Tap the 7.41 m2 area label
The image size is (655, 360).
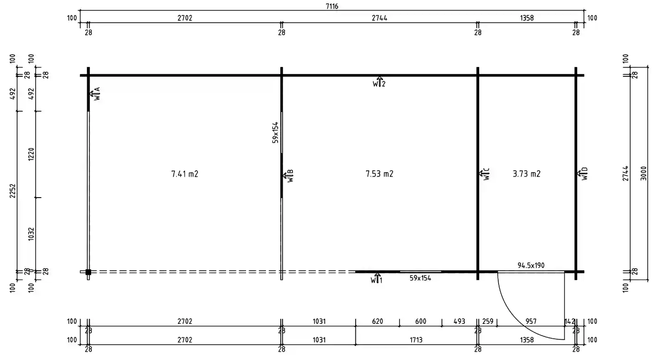[x=185, y=174]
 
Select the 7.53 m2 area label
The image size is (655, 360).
[x=379, y=174]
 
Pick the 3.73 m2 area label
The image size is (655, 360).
[x=526, y=174]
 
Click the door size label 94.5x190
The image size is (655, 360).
[x=531, y=266]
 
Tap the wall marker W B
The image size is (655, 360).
[x=288, y=176]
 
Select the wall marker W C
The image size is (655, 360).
[x=484, y=174]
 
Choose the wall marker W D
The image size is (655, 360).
[x=582, y=174]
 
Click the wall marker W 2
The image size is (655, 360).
[x=379, y=82]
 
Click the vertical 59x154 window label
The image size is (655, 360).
[x=275, y=132]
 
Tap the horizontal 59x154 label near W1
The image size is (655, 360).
[x=420, y=279]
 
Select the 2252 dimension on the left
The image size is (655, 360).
[x=13, y=191]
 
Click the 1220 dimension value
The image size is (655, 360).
[x=31, y=154]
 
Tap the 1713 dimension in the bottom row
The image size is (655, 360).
[x=416, y=340]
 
